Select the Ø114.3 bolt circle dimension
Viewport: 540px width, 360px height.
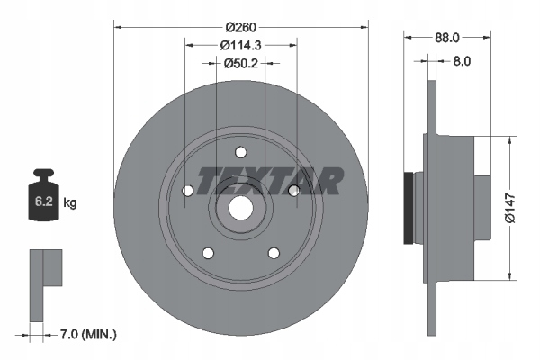click(x=240, y=44)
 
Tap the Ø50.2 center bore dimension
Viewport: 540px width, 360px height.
click(x=240, y=62)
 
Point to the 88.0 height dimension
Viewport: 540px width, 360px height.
click(x=447, y=38)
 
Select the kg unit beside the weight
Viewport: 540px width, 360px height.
click(x=70, y=203)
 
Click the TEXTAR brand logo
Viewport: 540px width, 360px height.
click(x=270, y=182)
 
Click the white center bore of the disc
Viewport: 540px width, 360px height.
click(x=239, y=206)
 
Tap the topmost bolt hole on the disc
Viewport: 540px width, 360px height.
click(x=239, y=152)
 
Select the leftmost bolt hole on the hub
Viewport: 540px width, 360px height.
click(x=188, y=191)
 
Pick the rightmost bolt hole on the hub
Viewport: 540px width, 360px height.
click(x=293, y=190)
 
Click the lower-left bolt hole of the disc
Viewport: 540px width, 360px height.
click(x=208, y=251)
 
